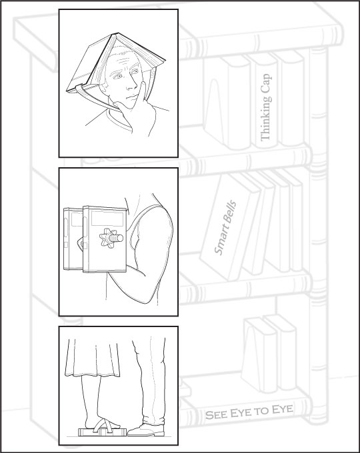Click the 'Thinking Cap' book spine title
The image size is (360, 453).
click(x=266, y=107)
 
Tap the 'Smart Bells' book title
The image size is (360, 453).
click(x=225, y=228)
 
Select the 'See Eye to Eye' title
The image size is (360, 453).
click(x=249, y=412)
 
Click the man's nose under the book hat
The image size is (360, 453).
click(x=132, y=84)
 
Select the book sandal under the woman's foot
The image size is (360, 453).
click(x=103, y=432)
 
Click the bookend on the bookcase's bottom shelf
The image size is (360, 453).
click(x=253, y=355)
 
